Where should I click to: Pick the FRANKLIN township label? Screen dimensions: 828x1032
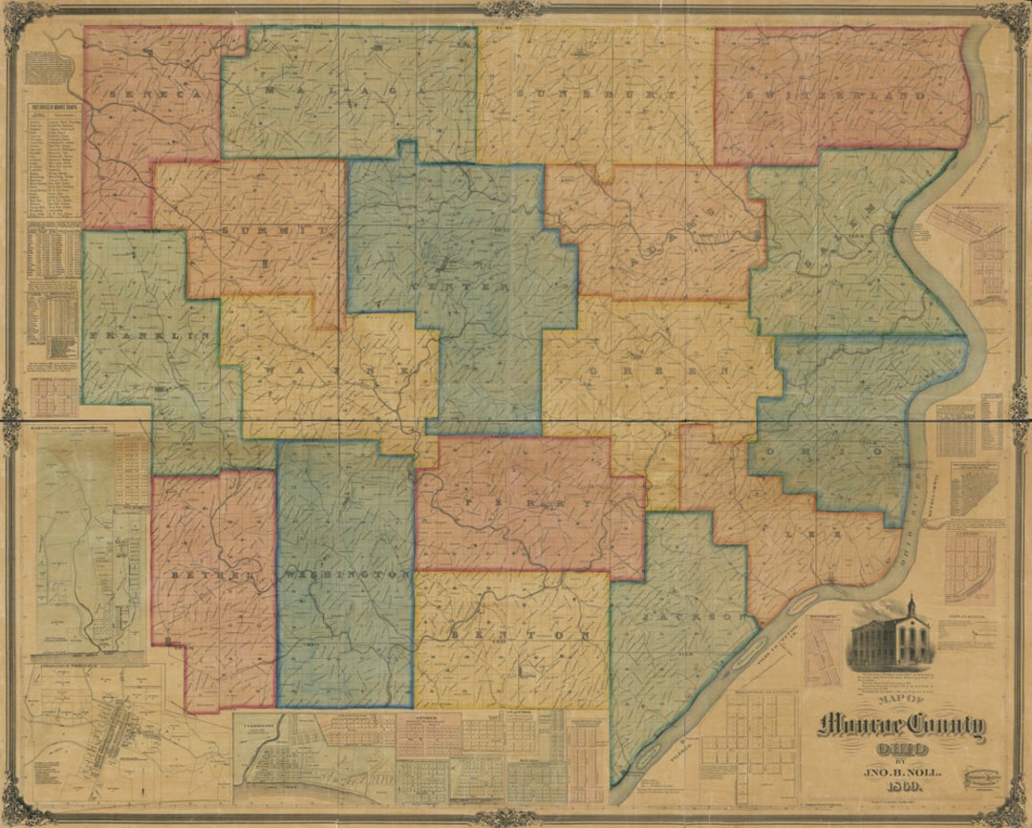point(149,337)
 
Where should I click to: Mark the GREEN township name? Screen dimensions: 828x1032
point(659,370)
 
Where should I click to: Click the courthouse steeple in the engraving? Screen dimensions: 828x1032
point(912,608)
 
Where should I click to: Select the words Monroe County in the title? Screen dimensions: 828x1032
point(900,727)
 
